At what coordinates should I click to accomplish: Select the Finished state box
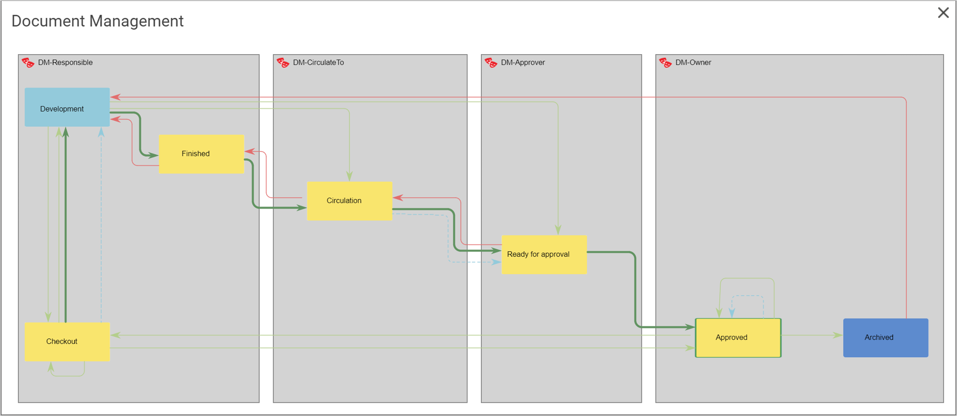201,154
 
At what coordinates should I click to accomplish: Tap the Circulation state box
350,201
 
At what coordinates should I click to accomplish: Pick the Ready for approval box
544,255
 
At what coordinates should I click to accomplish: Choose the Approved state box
738,338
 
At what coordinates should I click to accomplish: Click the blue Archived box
885,338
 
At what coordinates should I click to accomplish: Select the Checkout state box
67,342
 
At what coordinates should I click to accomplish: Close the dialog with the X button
943,13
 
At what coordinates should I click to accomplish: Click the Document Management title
97,21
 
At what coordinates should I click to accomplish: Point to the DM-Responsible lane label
65,63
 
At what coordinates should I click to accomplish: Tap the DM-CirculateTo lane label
318,63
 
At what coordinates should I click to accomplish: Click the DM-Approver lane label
523,63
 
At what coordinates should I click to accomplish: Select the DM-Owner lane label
693,63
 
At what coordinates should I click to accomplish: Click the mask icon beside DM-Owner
665,63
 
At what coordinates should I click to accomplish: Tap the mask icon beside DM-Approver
490,63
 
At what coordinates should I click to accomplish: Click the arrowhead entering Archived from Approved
838,335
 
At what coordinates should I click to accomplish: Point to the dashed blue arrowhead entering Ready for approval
496,262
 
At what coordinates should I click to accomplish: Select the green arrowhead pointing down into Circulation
350,176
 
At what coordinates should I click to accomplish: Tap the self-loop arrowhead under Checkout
51,367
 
